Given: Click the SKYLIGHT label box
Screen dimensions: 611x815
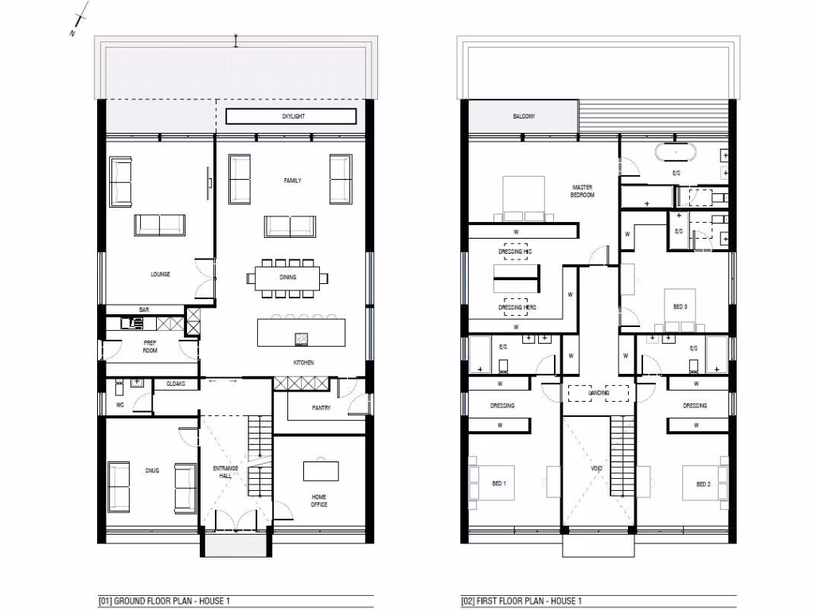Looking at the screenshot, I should (291, 116).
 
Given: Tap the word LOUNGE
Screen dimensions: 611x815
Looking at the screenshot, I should (160, 274).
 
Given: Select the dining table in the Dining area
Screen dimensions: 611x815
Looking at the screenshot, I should (287, 278).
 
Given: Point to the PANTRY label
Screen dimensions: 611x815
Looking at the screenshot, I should (321, 408).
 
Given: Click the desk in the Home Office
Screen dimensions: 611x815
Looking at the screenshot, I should (319, 470).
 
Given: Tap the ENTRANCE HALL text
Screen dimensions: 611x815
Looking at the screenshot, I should (227, 472).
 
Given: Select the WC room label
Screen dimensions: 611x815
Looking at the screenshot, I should (121, 405).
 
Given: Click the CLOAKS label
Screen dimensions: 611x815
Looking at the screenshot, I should (175, 383).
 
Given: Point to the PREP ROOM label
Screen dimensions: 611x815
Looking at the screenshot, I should (150, 346).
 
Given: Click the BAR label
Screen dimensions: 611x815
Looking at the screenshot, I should (145, 309).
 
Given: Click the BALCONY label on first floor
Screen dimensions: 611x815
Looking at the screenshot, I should (523, 117).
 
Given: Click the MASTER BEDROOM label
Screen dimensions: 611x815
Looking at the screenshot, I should (583, 191).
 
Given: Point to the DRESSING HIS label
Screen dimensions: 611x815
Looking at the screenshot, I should (515, 251).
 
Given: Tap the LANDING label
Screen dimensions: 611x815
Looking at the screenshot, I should (599, 393).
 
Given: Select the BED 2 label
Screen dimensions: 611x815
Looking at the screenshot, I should (703, 484).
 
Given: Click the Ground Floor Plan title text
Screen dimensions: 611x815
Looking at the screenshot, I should (165, 601).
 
